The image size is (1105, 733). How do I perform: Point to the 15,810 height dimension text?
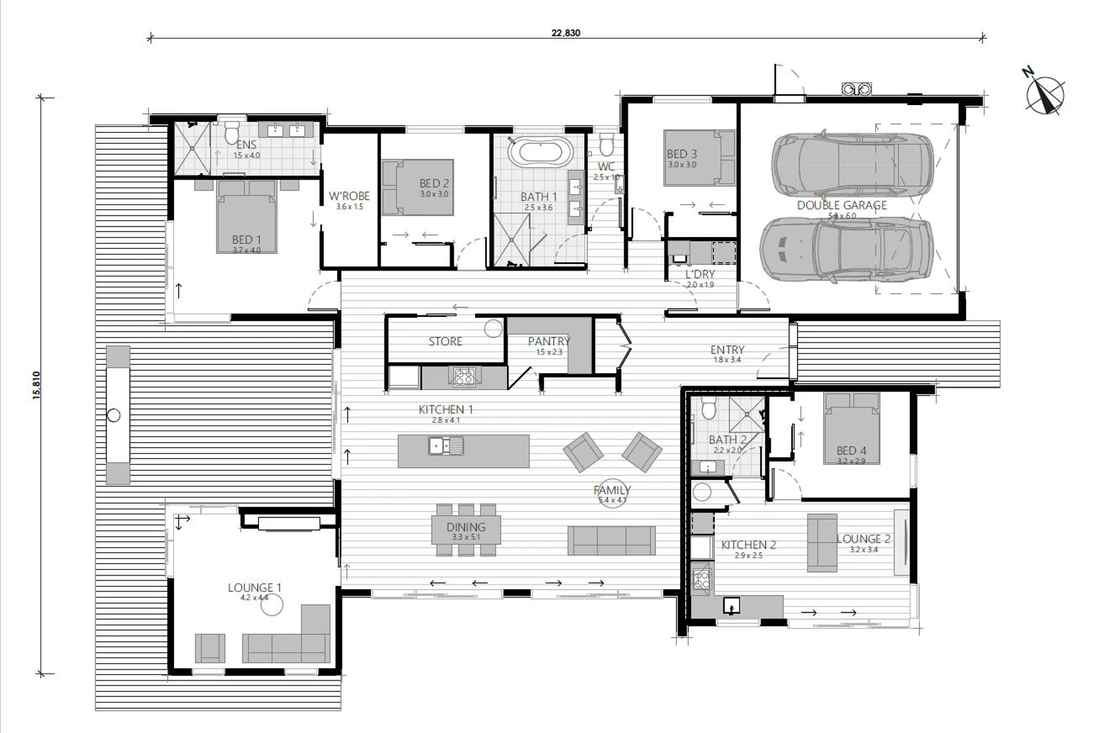click(x=37, y=385)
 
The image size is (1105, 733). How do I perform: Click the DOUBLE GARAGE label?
click(x=841, y=205)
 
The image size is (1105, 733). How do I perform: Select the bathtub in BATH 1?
click(x=540, y=151)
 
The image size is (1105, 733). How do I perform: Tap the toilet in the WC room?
click(x=606, y=145)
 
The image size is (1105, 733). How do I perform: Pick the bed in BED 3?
click(x=691, y=158)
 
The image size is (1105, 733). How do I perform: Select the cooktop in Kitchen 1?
click(x=463, y=377)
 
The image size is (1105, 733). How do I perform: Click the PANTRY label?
click(x=548, y=341)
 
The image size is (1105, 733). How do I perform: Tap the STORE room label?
click(x=445, y=341)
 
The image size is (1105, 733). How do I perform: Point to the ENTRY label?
click(x=727, y=350)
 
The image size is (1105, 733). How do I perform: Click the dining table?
click(x=466, y=529)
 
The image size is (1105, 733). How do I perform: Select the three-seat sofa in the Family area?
click(x=611, y=540)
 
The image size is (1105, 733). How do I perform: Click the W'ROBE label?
click(x=349, y=196)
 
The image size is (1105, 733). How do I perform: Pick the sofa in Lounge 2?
click(x=822, y=542)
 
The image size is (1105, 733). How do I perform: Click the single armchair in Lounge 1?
click(x=210, y=648)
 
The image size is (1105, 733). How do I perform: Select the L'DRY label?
click(x=700, y=274)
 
